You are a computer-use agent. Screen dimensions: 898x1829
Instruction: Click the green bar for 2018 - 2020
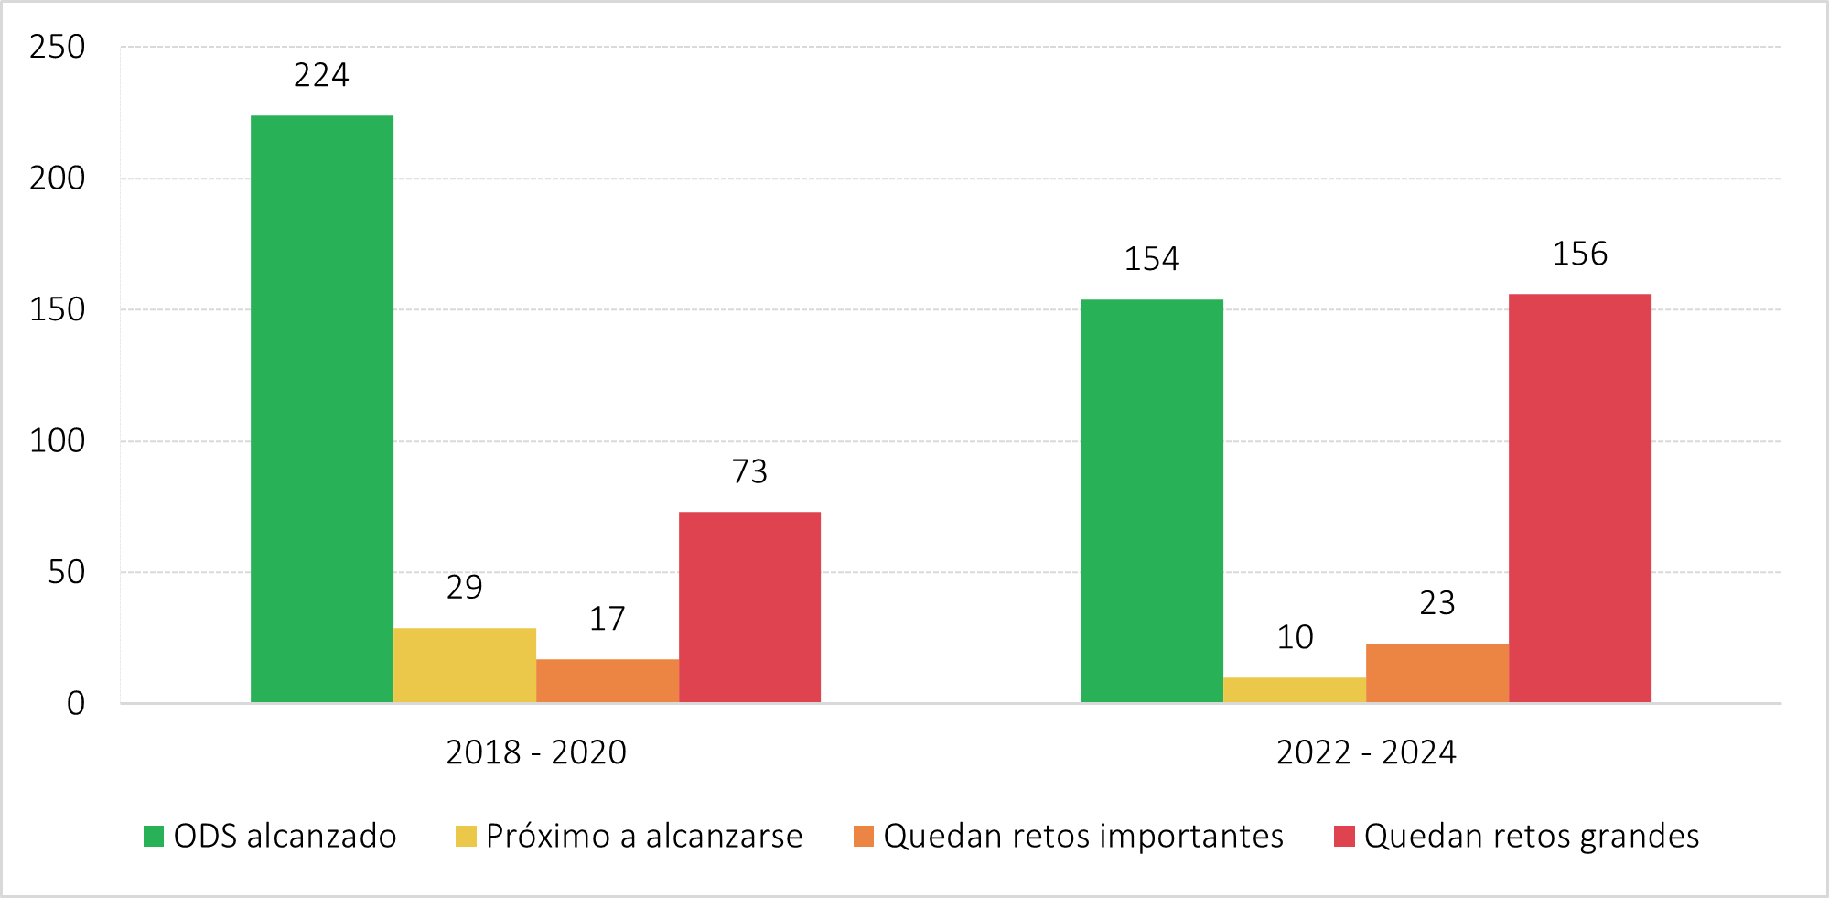click(x=322, y=408)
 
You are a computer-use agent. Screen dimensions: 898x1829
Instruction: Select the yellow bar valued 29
click(x=465, y=665)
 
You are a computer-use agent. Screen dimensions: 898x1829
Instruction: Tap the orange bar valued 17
click(x=608, y=681)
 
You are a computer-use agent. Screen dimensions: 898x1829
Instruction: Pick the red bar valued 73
click(x=749, y=607)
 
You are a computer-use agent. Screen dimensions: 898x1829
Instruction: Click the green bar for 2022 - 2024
click(x=1152, y=501)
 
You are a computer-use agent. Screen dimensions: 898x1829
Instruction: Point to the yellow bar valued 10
click(x=1295, y=690)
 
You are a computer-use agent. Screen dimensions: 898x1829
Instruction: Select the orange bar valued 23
click(x=1437, y=673)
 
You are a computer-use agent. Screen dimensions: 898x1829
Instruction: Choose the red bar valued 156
click(x=1580, y=498)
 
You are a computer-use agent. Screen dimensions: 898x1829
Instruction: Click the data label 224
click(x=321, y=75)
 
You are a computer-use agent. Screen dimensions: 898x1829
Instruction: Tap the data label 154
click(x=1152, y=259)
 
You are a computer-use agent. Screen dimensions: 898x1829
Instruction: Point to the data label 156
click(x=1580, y=254)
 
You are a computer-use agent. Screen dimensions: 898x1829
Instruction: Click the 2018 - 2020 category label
click(x=536, y=752)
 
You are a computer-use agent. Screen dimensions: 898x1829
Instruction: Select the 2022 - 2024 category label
click(x=1366, y=752)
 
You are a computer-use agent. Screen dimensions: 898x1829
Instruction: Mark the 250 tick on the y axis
click(x=57, y=47)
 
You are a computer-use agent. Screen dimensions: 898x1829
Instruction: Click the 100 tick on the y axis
click(x=57, y=441)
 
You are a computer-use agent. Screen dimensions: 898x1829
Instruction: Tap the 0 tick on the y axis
click(x=76, y=703)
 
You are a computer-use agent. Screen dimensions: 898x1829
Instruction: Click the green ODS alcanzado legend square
click(x=154, y=836)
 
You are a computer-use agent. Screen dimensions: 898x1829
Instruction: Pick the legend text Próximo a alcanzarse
click(x=644, y=836)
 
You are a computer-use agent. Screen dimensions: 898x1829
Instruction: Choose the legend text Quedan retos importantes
click(x=1083, y=836)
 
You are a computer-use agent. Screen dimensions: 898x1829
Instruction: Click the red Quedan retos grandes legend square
click(x=1344, y=836)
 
